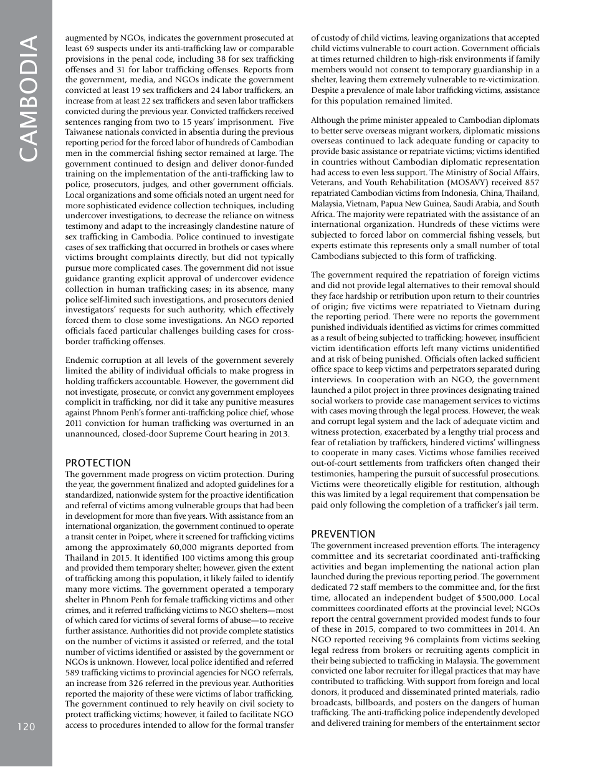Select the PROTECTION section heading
point(98,463)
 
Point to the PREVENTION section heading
point(343,534)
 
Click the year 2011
point(75,423)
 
